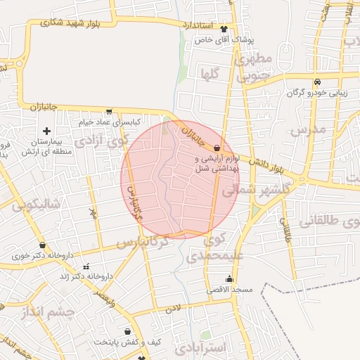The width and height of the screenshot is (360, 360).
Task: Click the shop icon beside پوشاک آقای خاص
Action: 224,30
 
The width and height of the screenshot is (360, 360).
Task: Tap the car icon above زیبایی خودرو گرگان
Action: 317,81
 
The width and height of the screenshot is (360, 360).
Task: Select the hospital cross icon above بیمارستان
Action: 46,131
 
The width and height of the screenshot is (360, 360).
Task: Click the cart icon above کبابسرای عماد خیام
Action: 108,111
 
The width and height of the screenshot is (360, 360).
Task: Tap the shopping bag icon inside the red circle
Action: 217,148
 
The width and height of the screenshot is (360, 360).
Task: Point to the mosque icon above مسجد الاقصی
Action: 229,278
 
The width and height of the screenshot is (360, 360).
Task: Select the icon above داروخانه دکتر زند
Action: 86,267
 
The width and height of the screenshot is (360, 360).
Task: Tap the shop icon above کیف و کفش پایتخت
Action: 127,331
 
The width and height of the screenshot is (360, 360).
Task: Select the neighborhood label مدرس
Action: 310,129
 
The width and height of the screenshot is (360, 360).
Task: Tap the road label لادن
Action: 173,307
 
